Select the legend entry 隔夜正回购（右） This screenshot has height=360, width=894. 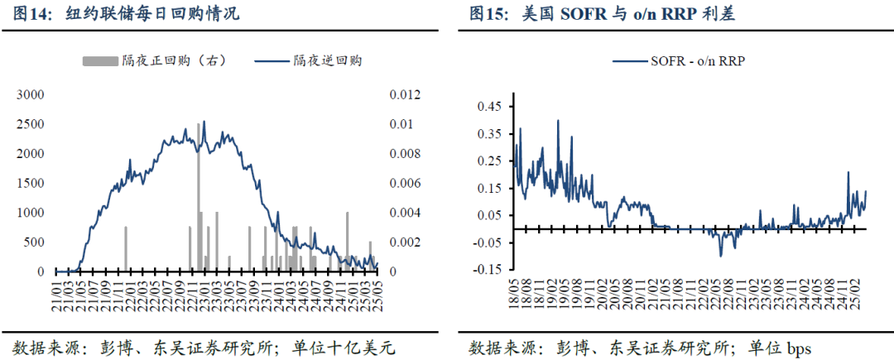tap(154, 60)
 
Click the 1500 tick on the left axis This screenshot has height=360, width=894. tap(31, 183)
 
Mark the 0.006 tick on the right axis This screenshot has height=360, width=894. tap(405, 183)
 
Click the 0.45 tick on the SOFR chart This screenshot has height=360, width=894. tap(491, 107)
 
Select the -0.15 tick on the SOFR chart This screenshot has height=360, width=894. tap(489, 269)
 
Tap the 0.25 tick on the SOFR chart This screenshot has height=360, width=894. tap(491, 161)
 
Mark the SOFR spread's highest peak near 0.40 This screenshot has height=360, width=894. tap(558, 121)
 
